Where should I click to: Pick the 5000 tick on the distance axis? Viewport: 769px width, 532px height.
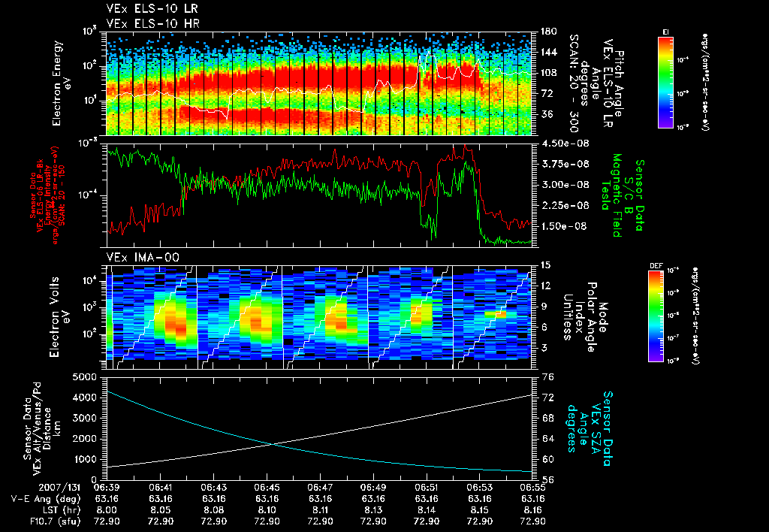click(85, 376)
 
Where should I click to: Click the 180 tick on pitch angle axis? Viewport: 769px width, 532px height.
click(547, 31)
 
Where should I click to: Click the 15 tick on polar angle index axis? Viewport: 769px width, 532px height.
click(544, 265)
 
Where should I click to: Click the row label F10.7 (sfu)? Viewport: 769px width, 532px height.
click(42, 521)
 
